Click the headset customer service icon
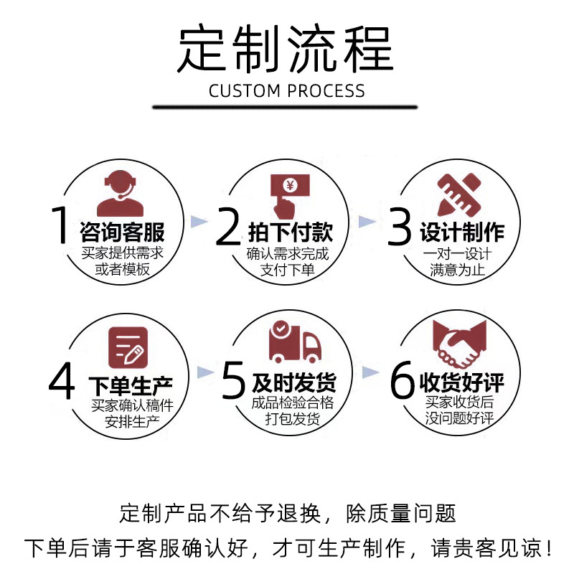pyautogui.click(x=120, y=193)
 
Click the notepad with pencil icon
pyautogui.click(x=128, y=345)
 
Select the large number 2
pyautogui.click(x=228, y=225)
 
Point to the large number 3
pyautogui.click(x=400, y=225)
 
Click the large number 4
pyautogui.click(x=62, y=380)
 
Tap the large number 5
pyautogui.click(x=234, y=380)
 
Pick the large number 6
pyautogui.click(x=402, y=380)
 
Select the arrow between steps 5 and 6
pyautogui.click(x=370, y=371)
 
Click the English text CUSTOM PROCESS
pyautogui.click(x=287, y=91)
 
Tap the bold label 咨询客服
pyautogui.click(x=123, y=232)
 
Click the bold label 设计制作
pyautogui.click(x=462, y=232)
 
